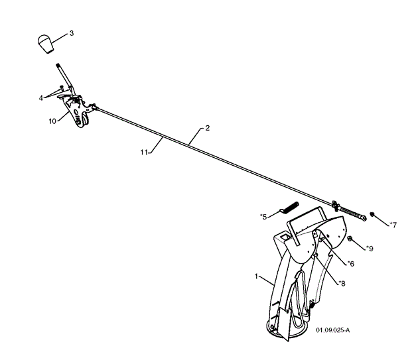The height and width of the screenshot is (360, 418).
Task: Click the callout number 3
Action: coord(72,32)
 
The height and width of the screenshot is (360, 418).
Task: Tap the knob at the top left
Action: coord(44,45)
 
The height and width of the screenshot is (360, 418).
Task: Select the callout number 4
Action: coord(41,98)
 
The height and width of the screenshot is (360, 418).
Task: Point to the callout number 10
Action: coord(52,121)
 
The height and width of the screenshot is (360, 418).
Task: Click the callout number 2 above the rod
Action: coord(208,128)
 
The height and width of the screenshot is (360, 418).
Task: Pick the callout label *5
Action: coord(263,216)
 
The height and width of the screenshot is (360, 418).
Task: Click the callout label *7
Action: coord(393,224)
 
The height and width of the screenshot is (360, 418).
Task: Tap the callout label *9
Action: coord(370,249)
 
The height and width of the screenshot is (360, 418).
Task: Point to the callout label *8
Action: coord(341,283)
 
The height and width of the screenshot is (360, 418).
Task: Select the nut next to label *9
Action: coord(350,239)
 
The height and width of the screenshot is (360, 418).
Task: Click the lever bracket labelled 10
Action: coord(78,110)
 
